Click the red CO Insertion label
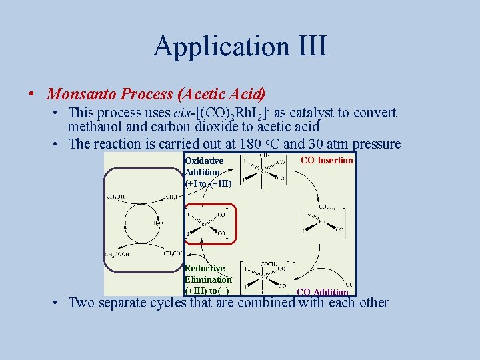327,160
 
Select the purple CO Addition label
322,292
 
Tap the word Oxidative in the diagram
204,161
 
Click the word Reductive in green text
205,268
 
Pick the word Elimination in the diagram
207,279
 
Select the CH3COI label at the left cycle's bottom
172,254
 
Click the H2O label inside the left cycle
157,224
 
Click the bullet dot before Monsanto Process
32,94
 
